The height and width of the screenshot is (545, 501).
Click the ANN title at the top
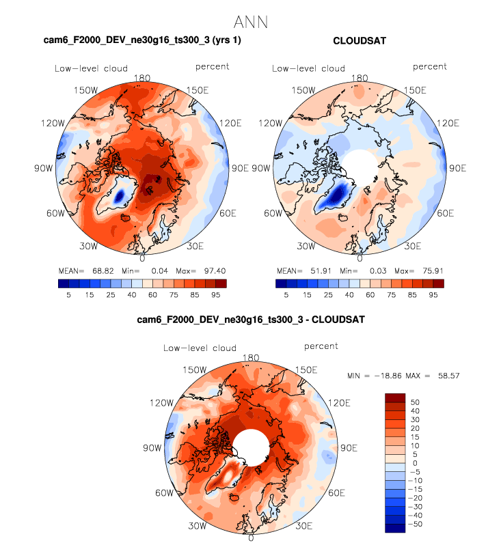pos(250,22)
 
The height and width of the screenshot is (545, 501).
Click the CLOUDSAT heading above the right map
pos(360,41)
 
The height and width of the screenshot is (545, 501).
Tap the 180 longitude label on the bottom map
pos(251,358)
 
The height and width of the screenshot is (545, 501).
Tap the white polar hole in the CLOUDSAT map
pos(360,167)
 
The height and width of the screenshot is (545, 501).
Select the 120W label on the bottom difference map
pos(161,403)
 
